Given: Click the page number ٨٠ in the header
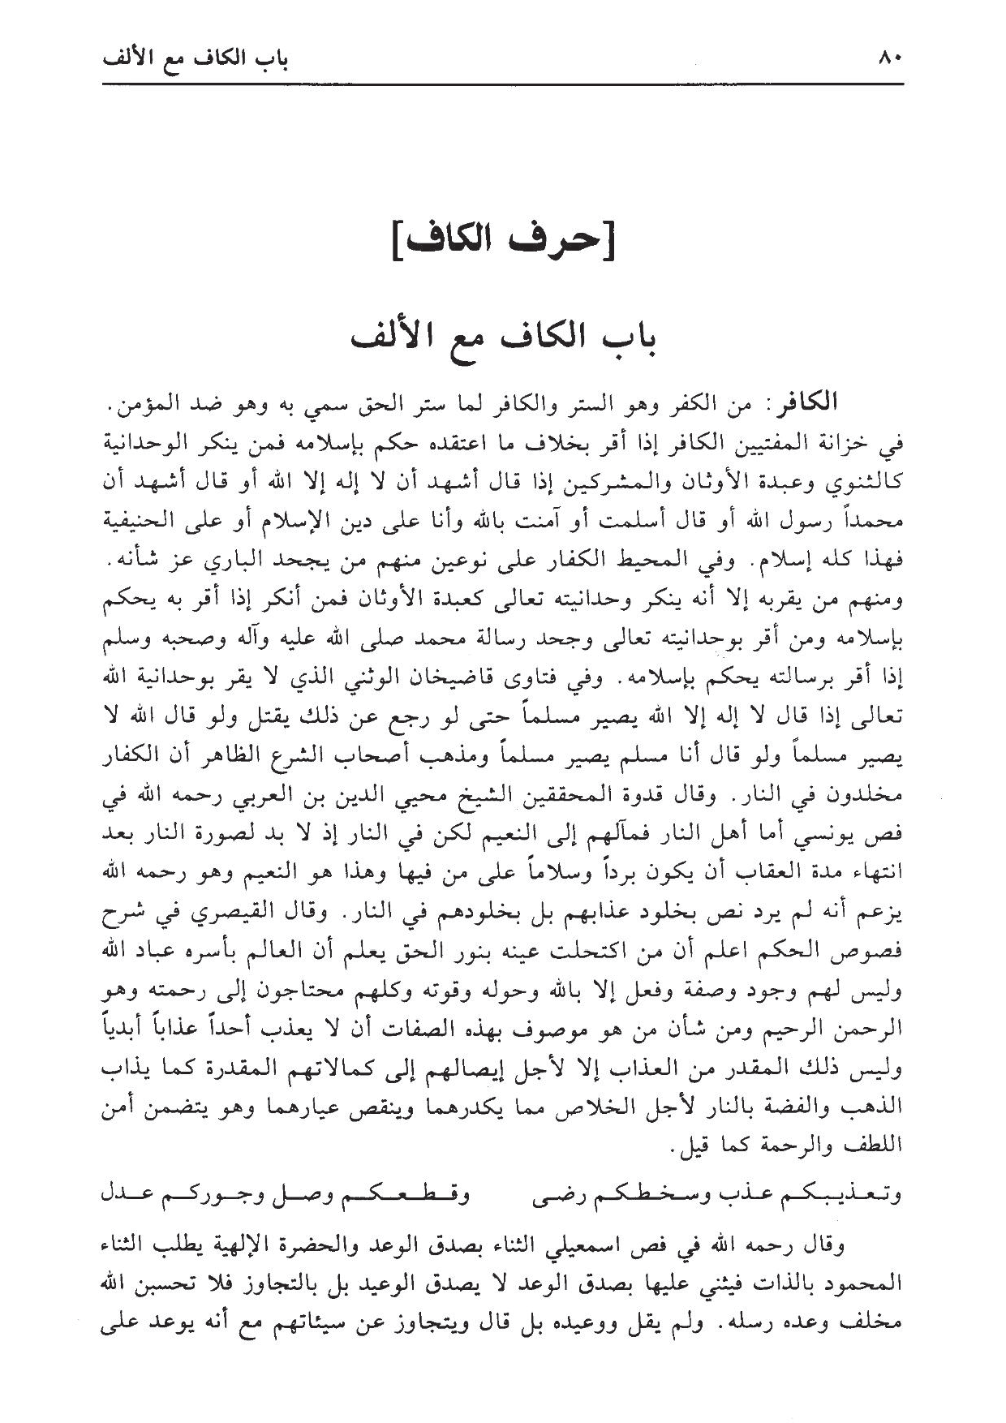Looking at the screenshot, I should click(x=890, y=59).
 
